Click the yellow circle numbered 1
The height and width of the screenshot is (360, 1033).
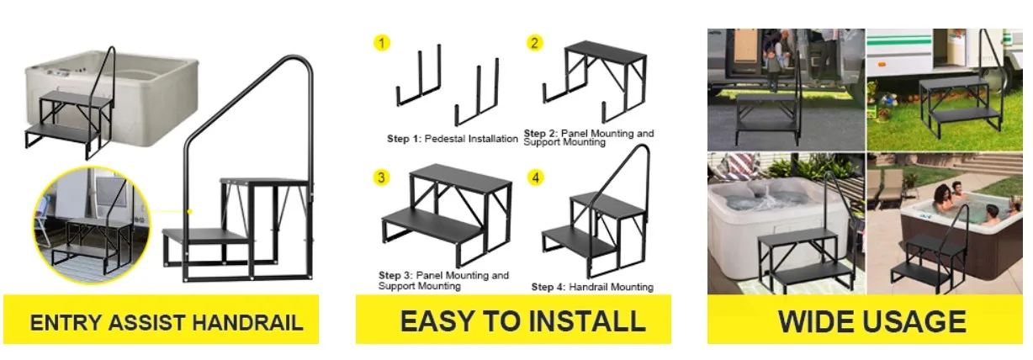click(x=382, y=42)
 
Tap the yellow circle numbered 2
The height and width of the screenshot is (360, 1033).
click(x=535, y=42)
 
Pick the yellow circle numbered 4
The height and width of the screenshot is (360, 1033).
click(x=536, y=177)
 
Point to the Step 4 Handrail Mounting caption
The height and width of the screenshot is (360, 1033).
click(x=591, y=287)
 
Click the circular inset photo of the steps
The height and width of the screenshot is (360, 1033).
click(x=91, y=220)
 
